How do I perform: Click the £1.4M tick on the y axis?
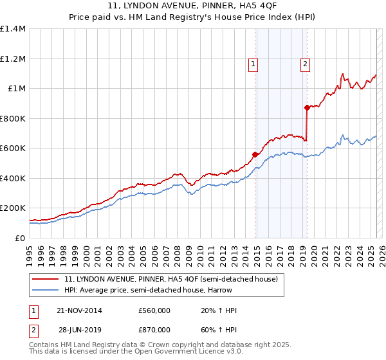point(12,29)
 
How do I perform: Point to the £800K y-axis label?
point(12,118)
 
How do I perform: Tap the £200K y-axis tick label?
point(12,208)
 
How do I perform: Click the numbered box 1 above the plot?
point(253,64)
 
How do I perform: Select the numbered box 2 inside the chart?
point(304,64)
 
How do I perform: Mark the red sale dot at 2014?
point(255,154)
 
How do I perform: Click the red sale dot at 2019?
point(308,108)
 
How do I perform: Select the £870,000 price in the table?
point(154,329)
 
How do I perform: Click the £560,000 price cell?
point(154,310)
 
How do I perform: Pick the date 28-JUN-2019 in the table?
point(78,329)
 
